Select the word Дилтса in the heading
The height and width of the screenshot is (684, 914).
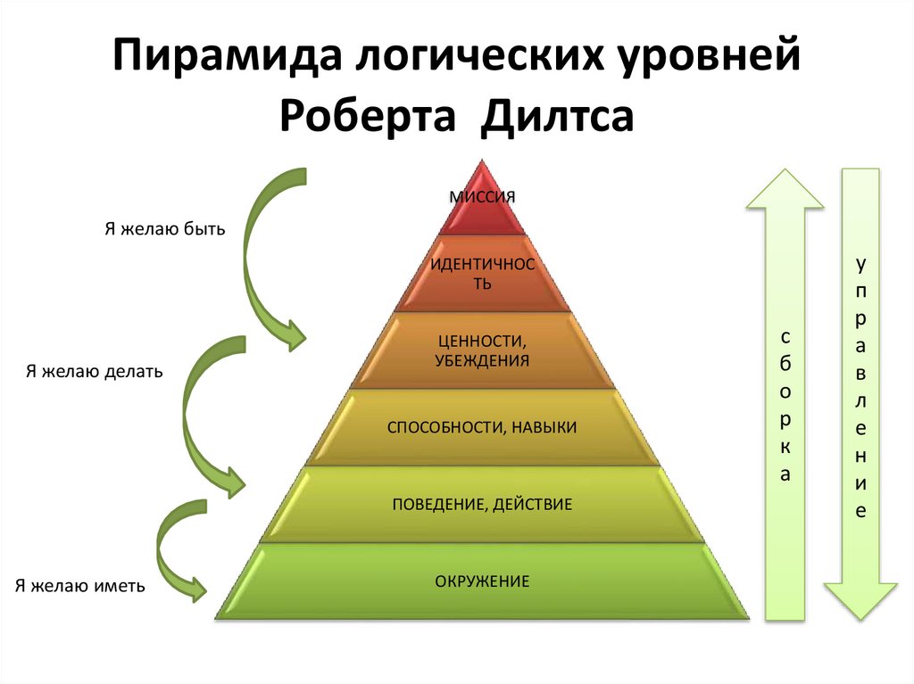click(558, 119)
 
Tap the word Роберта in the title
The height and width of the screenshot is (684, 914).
click(370, 119)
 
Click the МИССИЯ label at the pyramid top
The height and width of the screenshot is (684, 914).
click(482, 196)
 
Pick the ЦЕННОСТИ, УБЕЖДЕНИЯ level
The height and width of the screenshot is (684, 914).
click(482, 351)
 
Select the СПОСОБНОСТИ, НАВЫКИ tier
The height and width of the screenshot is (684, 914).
click(482, 428)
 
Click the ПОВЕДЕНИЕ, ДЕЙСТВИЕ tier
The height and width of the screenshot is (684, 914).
click(482, 505)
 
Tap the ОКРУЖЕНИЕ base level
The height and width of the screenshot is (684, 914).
click(482, 582)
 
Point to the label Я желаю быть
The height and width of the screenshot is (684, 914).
click(165, 229)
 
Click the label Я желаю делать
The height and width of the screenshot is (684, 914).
click(94, 371)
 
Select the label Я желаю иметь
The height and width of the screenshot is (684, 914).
click(79, 586)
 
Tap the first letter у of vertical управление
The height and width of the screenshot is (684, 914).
click(860, 265)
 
